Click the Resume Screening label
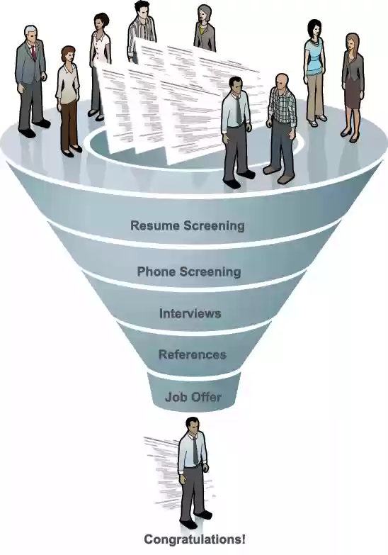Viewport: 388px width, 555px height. click(188, 225)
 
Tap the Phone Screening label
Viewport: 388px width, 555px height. click(189, 272)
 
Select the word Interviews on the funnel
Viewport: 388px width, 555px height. click(190, 313)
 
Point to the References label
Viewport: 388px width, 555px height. click(193, 354)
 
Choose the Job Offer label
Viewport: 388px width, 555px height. click(193, 397)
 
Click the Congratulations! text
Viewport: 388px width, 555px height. click(195, 540)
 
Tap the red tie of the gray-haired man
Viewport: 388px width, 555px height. click(33, 52)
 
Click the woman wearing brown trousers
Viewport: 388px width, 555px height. click(69, 101)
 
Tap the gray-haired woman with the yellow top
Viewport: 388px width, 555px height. click(205, 28)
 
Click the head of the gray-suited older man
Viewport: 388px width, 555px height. click(31, 35)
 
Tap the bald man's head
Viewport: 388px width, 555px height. click(282, 82)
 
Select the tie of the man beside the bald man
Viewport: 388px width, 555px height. click(239, 110)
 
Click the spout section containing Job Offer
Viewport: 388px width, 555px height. click(194, 392)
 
